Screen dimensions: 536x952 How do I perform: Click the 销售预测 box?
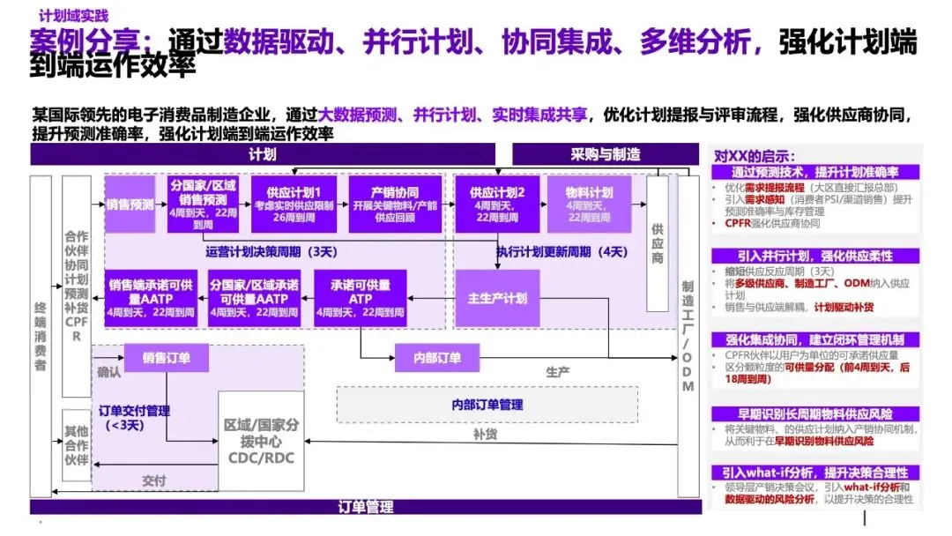(130, 205)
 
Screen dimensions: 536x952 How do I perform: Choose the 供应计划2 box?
(497, 205)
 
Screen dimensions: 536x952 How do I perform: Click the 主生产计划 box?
(497, 298)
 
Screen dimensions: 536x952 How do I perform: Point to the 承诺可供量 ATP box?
(360, 298)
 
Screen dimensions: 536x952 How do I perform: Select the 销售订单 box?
(167, 358)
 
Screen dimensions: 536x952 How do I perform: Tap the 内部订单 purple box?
(437, 358)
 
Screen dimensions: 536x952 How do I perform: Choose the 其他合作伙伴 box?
(76, 446)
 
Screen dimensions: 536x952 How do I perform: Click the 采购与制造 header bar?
(605, 155)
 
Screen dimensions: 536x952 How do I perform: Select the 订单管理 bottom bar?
(365, 507)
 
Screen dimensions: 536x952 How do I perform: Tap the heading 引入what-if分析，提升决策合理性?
(815, 473)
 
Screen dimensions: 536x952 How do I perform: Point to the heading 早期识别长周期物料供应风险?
(815, 413)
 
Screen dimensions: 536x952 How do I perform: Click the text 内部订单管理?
(487, 404)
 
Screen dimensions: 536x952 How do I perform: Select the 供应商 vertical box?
(657, 243)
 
